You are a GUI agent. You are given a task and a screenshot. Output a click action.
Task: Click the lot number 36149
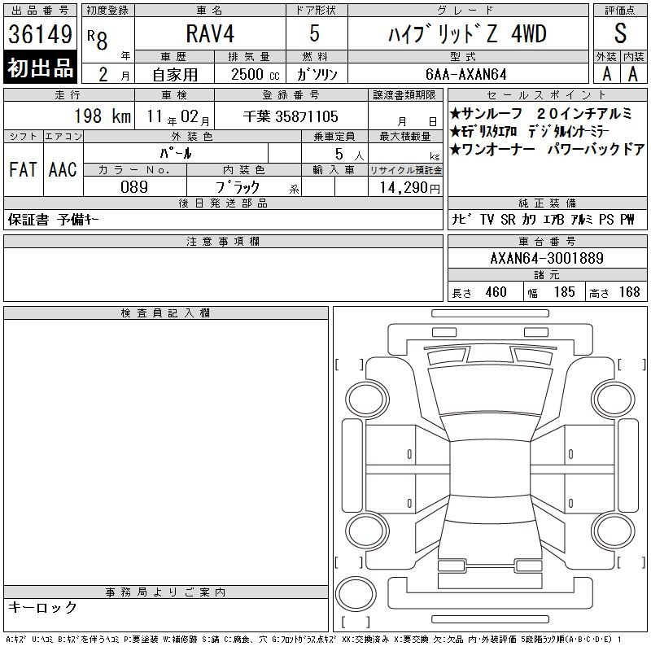[x=40, y=34]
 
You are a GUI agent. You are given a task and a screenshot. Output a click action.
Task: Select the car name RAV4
[x=210, y=33]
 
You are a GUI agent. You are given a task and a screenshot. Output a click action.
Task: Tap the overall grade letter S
[x=620, y=33]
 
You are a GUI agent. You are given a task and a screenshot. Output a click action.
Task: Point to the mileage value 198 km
[x=103, y=116]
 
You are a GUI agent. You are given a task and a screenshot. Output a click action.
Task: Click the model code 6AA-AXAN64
[x=466, y=74]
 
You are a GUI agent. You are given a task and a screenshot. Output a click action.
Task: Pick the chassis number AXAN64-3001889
[x=547, y=258]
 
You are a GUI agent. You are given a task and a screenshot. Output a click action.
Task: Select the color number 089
[x=134, y=187]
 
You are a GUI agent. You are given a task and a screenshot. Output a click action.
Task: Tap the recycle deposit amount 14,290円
[x=409, y=188]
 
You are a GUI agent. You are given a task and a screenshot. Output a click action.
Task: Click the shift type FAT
[x=23, y=169]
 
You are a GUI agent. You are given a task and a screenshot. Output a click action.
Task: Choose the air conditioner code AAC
[x=63, y=169]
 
